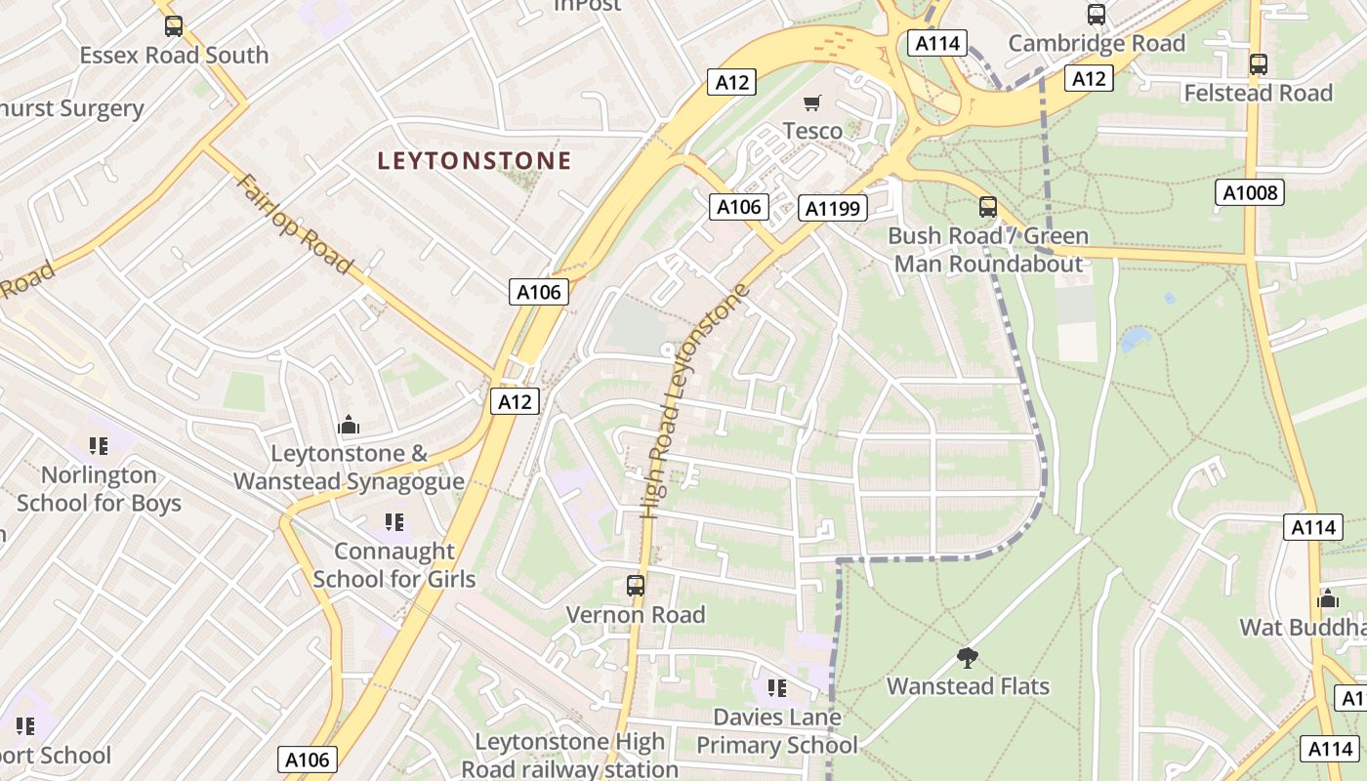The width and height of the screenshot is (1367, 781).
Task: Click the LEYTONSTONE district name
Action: pyautogui.click(x=474, y=161)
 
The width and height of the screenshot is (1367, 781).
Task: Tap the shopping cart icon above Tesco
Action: pyautogui.click(x=811, y=103)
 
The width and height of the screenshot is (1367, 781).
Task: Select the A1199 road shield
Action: pyautogui.click(x=833, y=208)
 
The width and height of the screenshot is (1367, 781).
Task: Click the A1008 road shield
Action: pyautogui.click(x=1250, y=192)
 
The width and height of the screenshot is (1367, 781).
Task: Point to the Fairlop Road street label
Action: pyautogui.click(x=293, y=225)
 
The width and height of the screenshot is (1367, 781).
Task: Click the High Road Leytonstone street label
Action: pyautogui.click(x=695, y=400)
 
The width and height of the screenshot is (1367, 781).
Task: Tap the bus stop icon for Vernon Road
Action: pyautogui.click(x=636, y=586)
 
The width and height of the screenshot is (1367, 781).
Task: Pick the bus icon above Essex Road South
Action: pyautogui.click(x=173, y=26)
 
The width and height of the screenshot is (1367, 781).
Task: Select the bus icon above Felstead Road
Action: pyautogui.click(x=1258, y=64)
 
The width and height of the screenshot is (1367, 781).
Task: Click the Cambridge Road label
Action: pyautogui.click(x=1097, y=44)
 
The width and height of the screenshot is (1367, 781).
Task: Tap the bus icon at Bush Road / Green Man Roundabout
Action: pyautogui.click(x=988, y=207)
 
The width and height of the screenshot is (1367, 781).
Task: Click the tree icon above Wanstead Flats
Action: pyautogui.click(x=968, y=657)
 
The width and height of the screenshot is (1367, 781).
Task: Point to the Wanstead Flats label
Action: pyautogui.click(x=968, y=686)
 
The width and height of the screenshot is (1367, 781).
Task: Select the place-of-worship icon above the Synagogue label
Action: pyautogui.click(x=349, y=426)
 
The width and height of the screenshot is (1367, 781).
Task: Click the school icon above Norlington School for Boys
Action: pyautogui.click(x=99, y=446)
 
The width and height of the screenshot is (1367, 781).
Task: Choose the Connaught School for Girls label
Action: pyautogui.click(x=394, y=565)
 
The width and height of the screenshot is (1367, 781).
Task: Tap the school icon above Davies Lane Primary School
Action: pyautogui.click(x=776, y=688)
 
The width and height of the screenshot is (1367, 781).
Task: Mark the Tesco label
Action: pyautogui.click(x=812, y=131)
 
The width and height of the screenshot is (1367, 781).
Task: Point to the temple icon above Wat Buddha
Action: pyautogui.click(x=1328, y=597)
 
